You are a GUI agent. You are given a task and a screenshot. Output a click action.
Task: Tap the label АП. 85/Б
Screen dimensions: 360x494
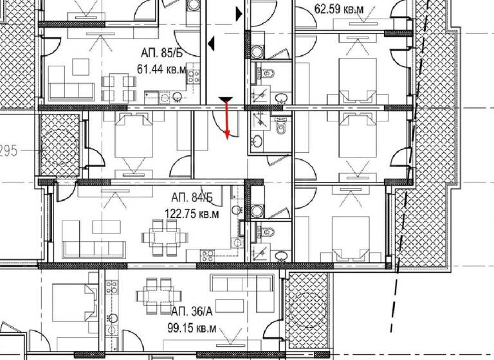point(162,54)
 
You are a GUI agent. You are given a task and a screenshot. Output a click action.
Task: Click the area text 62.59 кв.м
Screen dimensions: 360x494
point(338,9)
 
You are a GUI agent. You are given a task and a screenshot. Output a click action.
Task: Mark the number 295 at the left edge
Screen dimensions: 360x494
point(8,151)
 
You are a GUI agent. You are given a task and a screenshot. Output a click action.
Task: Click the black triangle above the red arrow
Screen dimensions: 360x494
point(225,99)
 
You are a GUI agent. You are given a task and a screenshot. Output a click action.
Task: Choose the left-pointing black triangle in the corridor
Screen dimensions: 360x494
point(211,44)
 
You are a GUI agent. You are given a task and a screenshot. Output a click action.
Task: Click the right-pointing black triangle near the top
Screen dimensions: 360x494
point(239,12)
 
